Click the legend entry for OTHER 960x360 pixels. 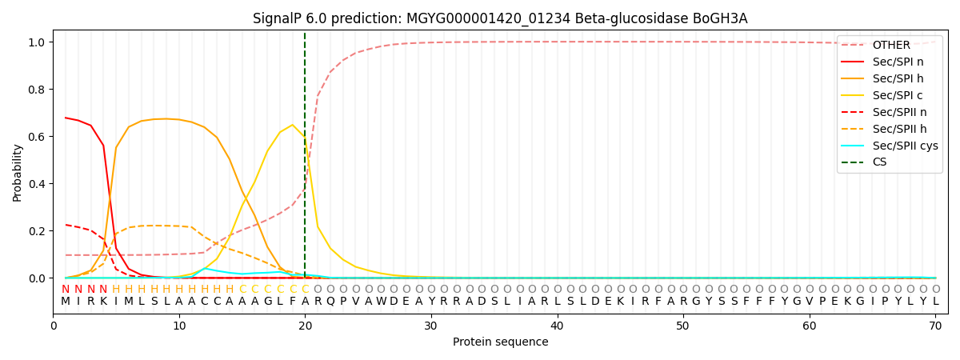tap(890, 46)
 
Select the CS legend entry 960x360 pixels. tap(880, 162)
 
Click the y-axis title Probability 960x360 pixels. tap(18, 172)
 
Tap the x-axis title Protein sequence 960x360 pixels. tap(500, 342)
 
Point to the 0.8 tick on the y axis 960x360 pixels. tap(38, 90)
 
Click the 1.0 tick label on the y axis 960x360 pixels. tap(38, 42)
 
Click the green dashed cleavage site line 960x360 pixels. tap(305, 200)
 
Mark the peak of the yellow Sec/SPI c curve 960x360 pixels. tap(292, 125)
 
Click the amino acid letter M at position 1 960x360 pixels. tap(66, 302)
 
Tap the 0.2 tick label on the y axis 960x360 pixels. tap(38, 231)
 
